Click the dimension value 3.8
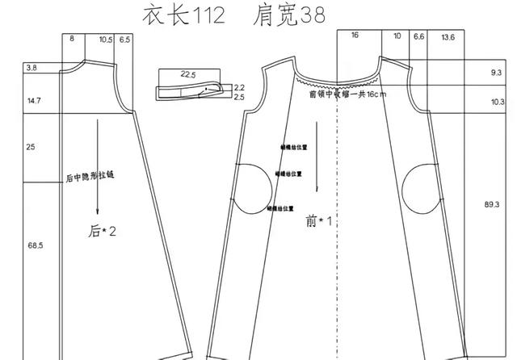click(32, 69)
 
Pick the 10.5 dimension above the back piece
click(106, 39)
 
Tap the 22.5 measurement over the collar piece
click(188, 74)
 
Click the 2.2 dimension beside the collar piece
click(239, 87)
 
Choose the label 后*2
click(103, 232)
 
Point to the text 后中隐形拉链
click(90, 176)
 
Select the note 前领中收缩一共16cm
click(348, 94)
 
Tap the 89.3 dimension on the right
click(491, 205)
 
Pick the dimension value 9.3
click(496, 73)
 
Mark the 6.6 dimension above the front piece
click(418, 36)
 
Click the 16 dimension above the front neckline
click(355, 36)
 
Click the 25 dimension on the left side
click(32, 149)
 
